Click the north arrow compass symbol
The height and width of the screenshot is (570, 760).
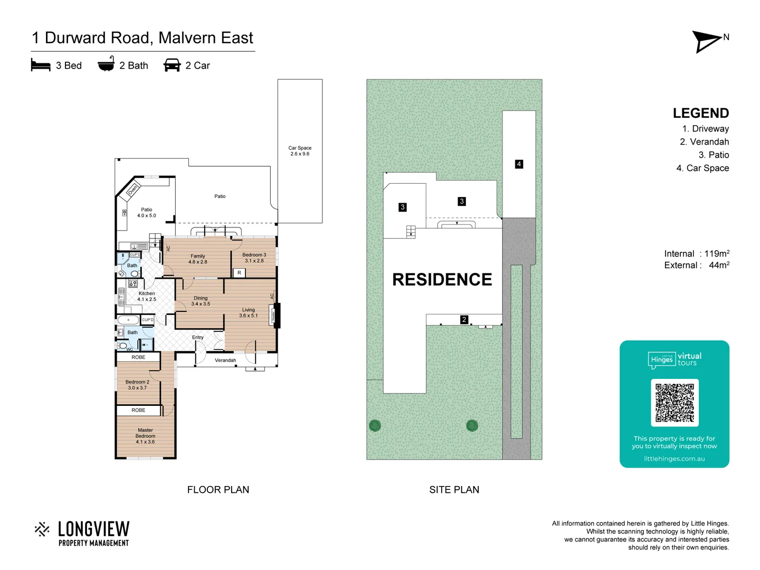click(707, 41)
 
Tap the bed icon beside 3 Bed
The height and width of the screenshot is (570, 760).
click(41, 65)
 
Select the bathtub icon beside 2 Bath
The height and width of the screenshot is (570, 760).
click(106, 64)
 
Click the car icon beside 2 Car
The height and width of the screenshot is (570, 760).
click(172, 65)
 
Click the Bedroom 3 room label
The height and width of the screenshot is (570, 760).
click(254, 258)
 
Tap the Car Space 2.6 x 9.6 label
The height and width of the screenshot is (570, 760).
click(300, 151)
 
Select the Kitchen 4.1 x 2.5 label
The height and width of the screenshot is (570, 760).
click(147, 296)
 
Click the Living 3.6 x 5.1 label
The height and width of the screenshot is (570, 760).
click(248, 312)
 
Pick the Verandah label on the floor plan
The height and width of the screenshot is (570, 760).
click(225, 360)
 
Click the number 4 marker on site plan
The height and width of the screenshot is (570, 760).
click(519, 164)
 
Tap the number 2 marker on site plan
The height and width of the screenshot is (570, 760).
click(464, 319)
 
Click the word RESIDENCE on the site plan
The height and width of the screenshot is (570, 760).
click(442, 279)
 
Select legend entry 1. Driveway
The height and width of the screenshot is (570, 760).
click(705, 129)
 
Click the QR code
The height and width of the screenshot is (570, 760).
click(674, 403)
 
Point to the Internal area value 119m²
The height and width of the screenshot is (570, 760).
click(717, 254)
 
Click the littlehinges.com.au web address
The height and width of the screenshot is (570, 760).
click(674, 459)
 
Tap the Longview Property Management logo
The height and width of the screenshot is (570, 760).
click(82, 534)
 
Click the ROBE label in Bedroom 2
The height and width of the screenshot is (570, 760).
click(138, 357)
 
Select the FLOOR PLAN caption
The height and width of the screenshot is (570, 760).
click(218, 490)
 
